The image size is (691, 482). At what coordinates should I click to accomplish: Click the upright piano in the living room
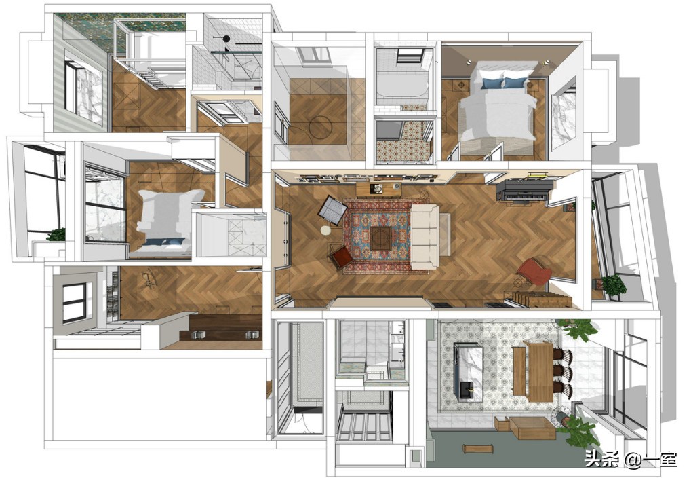pos(523,189)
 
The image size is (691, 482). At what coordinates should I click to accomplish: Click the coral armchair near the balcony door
pos(534,272)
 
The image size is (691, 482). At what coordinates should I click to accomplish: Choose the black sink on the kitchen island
pos(466,390)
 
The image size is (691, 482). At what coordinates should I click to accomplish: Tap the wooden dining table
pos(540,371)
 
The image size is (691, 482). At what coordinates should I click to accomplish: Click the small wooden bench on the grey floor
pos(477,449)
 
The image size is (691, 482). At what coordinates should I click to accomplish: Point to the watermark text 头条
pos(601,460)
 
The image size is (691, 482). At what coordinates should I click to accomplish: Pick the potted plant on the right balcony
pos(614,284)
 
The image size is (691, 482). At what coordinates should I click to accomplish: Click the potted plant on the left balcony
pos(56,235)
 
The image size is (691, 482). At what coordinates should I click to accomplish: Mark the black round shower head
pos(226,39)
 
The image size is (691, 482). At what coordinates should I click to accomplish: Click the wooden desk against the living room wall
pos(378,189)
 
